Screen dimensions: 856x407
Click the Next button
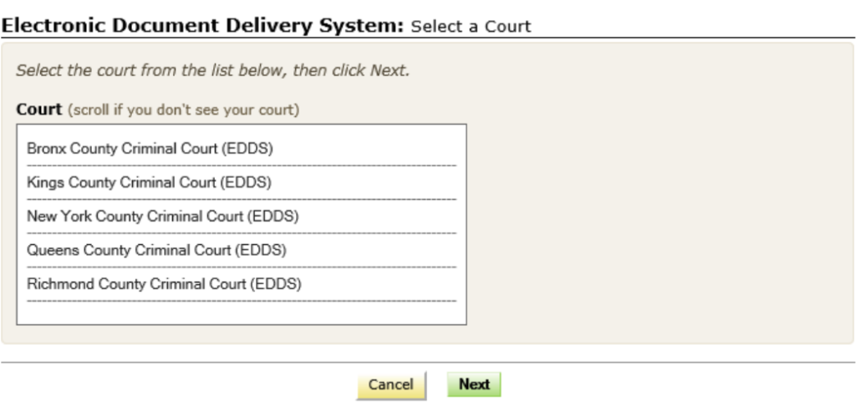(x=474, y=384)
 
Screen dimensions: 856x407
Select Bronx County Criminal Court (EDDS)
(x=150, y=149)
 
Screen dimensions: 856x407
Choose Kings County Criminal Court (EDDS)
(x=149, y=182)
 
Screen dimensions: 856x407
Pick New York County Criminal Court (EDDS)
(x=163, y=216)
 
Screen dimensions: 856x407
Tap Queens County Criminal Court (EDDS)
(x=156, y=250)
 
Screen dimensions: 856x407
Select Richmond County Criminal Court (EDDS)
(x=164, y=283)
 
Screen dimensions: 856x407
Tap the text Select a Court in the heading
(x=471, y=26)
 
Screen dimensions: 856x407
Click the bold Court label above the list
(x=38, y=109)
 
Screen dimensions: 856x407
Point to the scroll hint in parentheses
(x=183, y=109)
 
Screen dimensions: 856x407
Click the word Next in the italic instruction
(x=390, y=70)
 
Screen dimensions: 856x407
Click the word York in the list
(x=75, y=216)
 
